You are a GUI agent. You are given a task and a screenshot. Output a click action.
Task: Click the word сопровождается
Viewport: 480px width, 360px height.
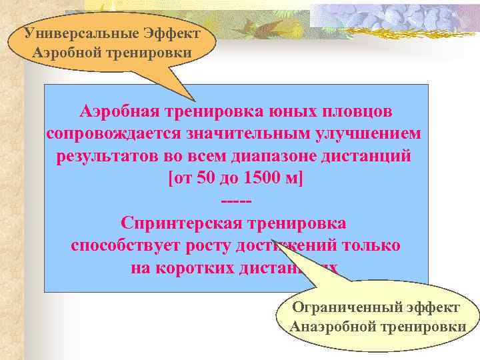pyautogui.click(x=110, y=133)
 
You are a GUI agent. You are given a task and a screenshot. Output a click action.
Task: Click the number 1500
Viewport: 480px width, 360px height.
pyautogui.click(x=263, y=179)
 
